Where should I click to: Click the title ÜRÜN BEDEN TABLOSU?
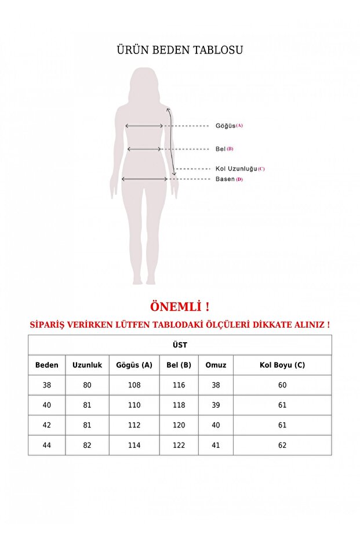pos(180,50)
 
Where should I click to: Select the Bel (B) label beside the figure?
pos(224,149)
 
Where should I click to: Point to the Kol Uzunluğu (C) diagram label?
pos(240,169)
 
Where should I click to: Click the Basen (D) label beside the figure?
pos(229,179)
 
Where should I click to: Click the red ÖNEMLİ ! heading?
pos(179,306)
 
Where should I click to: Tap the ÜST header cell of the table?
pos(180,345)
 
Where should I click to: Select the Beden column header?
pos(47,365)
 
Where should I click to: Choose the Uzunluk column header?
pos(87,365)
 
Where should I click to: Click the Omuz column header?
pos(216,365)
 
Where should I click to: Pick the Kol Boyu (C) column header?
pos(282,365)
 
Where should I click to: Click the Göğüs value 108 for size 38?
pos(134,385)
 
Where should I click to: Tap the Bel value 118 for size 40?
pos(179,405)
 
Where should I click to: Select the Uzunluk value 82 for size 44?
pos(87,445)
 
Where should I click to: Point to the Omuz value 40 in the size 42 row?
pos(216,425)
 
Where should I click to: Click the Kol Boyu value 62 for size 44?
pos(282,445)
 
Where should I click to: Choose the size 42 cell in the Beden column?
pos(47,425)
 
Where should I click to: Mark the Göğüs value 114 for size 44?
pos(134,445)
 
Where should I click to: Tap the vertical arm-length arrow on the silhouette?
pos(172,142)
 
